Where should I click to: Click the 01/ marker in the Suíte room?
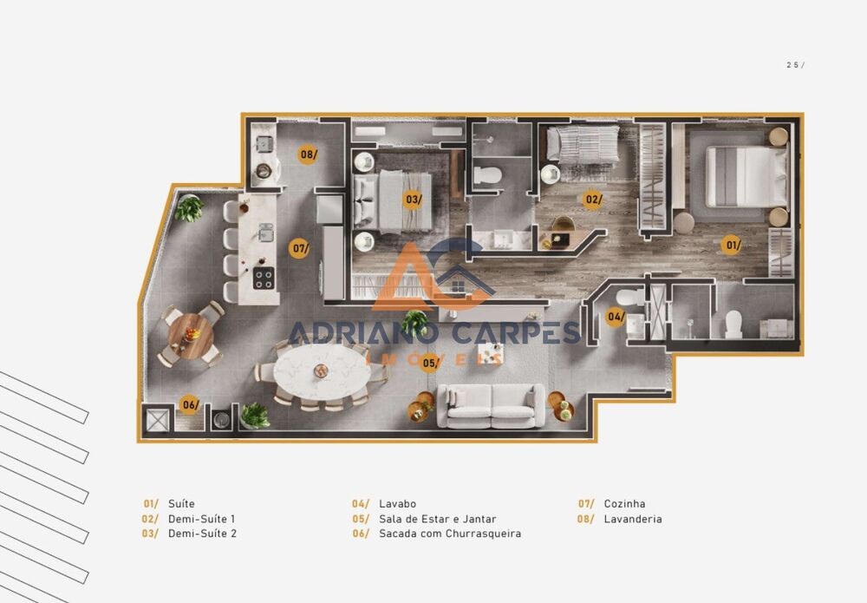[x=733, y=246]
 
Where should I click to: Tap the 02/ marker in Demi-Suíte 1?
[x=593, y=200]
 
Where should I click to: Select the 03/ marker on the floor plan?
[x=414, y=200]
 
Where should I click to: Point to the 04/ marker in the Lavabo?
[x=616, y=317]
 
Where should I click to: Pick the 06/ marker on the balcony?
[x=190, y=404]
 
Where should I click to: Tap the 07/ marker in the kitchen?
[x=300, y=249]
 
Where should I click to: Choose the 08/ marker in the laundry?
[x=308, y=155]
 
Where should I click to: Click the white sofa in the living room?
[x=492, y=404]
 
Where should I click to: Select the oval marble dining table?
[x=321, y=373]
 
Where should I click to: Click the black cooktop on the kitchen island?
[x=263, y=279]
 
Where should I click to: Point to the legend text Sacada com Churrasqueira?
[x=450, y=534]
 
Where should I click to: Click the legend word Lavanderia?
[x=632, y=519]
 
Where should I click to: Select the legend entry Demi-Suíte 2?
[x=202, y=534]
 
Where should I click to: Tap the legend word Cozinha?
[x=624, y=504]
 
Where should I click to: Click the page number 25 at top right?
[x=793, y=65]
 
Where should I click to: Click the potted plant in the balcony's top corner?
[x=188, y=208]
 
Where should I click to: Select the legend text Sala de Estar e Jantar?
[x=437, y=519]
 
